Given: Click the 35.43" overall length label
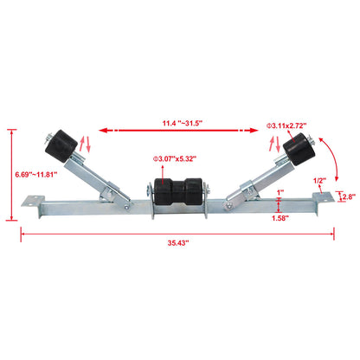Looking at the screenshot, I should point(179,244).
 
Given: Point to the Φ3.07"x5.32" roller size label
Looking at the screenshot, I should point(174,158).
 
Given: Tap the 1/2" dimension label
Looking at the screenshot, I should point(318,180).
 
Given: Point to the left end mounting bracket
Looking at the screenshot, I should point(35,205).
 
